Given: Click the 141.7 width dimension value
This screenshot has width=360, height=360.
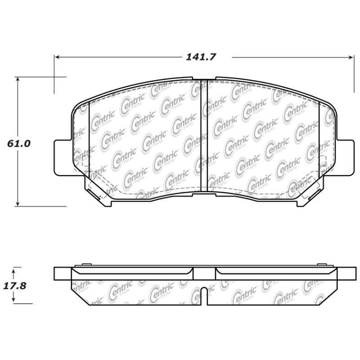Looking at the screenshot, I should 201,57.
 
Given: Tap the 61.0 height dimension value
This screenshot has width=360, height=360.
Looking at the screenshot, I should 18,144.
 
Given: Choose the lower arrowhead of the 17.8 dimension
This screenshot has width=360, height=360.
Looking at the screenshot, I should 14,301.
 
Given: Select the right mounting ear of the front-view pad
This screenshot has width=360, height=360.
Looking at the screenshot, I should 344,157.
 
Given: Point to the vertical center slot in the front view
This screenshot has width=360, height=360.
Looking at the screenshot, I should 204,135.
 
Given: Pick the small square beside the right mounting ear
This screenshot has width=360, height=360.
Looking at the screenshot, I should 323,160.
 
